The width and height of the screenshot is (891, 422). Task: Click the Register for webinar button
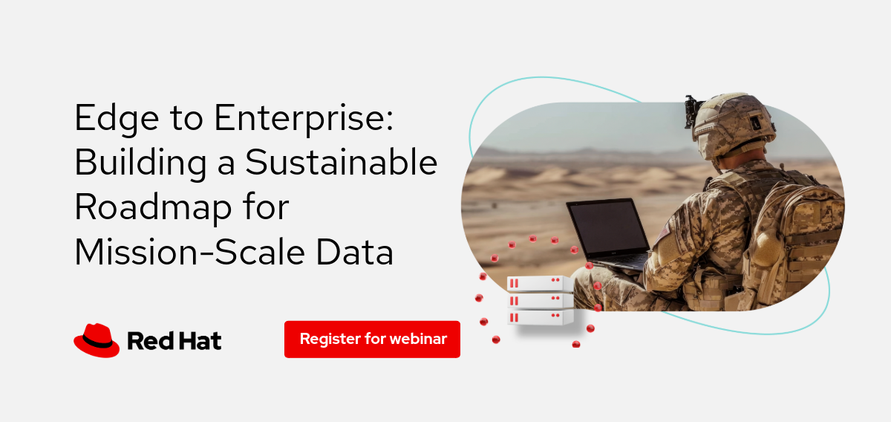tap(372, 340)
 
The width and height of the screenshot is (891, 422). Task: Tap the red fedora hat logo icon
tap(97, 340)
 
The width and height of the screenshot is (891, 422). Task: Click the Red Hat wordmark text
tap(174, 341)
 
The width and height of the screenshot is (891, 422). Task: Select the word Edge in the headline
tap(117, 118)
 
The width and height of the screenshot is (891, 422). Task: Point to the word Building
tap(141, 163)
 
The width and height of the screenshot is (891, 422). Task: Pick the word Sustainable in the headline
tap(342, 162)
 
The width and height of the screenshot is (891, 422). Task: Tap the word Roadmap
tap(154, 208)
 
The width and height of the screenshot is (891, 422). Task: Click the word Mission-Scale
tap(190, 252)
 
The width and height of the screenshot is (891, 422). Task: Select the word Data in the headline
tap(354, 252)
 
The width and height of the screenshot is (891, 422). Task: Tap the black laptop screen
tap(609, 229)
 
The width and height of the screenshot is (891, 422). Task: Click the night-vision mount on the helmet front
tap(691, 111)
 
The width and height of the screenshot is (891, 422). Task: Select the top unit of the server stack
tap(541, 284)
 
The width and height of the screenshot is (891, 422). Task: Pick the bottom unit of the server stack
tap(541, 318)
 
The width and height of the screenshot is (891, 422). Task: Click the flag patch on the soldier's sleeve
tap(664, 231)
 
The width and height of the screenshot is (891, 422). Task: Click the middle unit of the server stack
tap(541, 301)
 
